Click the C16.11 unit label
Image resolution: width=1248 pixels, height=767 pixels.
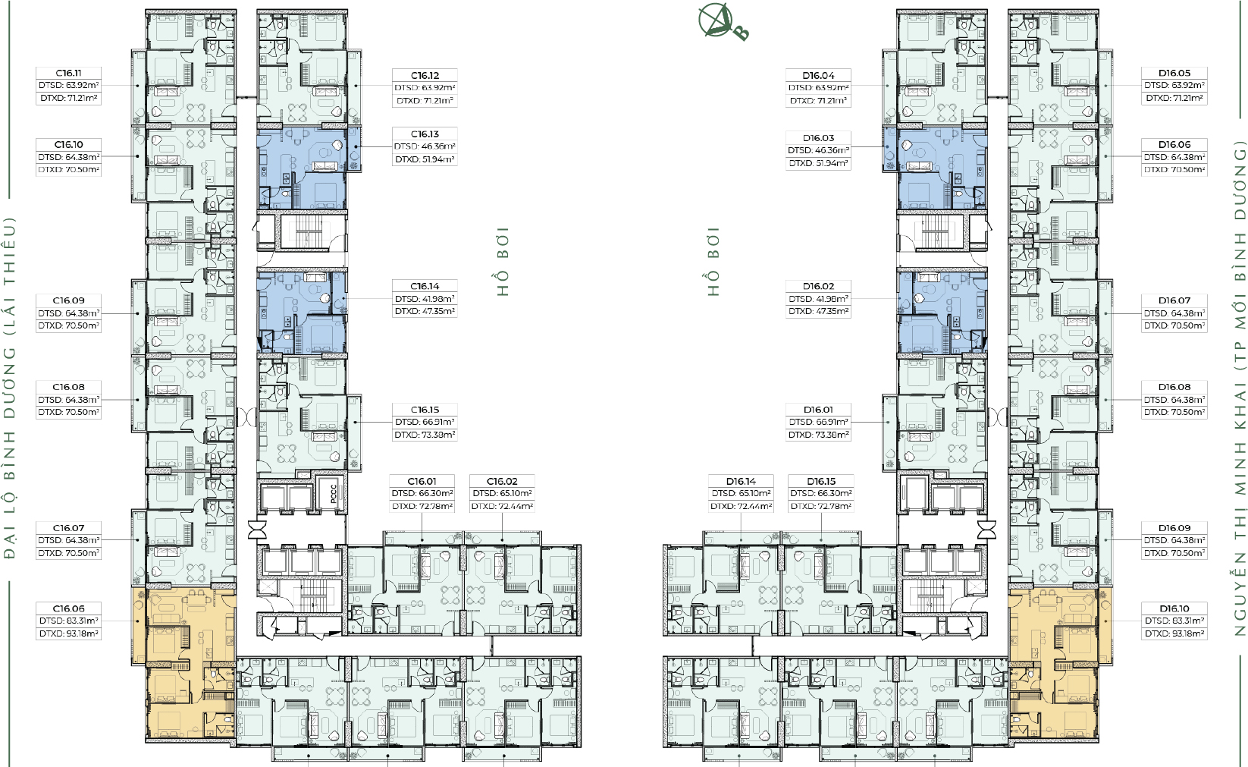coord(68,73)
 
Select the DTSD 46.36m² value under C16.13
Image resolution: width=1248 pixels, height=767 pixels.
coord(425,146)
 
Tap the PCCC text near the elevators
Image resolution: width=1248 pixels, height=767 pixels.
coord(334,494)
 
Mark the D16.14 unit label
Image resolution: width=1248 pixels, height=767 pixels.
coord(741,481)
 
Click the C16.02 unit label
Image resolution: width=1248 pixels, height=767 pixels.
coord(502,481)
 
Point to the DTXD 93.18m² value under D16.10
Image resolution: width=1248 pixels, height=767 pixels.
coord(1174,633)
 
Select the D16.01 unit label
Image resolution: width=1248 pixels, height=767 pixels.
coord(818,410)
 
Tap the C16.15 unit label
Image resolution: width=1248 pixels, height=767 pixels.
coord(425,410)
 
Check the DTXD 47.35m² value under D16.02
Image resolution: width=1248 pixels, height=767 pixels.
coord(818,311)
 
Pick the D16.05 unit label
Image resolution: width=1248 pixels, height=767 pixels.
coord(1174,73)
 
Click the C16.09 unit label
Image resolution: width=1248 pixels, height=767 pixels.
coord(68,300)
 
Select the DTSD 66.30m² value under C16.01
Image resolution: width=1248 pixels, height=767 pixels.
coord(422,493)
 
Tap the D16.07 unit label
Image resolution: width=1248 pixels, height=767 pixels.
coord(1174,300)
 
